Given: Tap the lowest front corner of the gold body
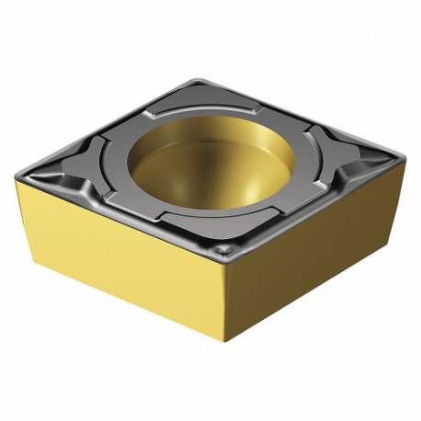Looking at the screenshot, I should [225, 341].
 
